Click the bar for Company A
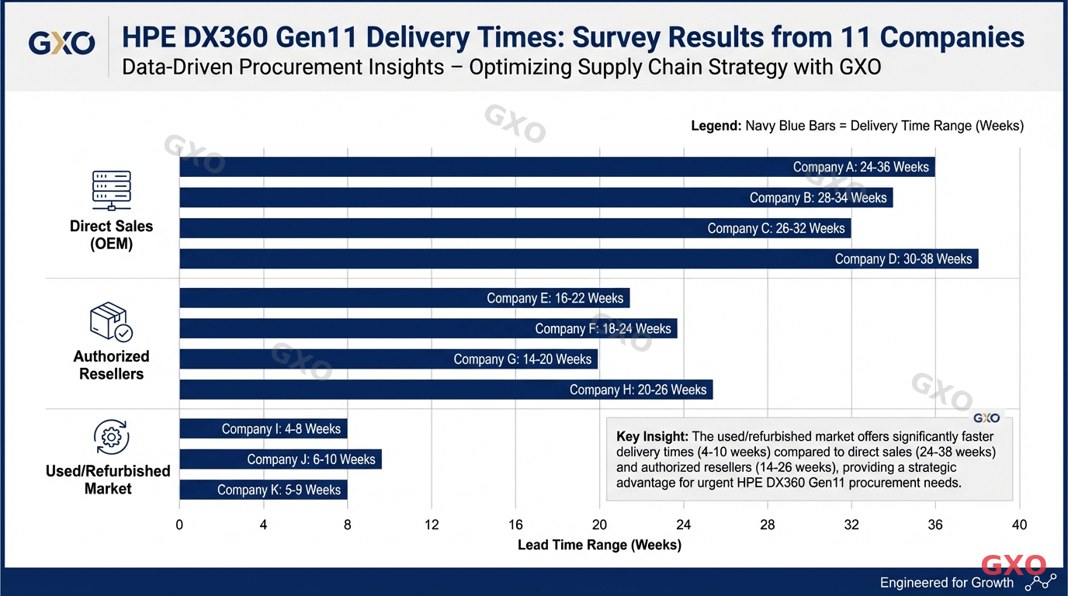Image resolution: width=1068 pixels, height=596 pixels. (557, 167)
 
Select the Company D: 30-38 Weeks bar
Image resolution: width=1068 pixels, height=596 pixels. (578, 258)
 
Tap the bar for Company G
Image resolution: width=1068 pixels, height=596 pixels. (388, 359)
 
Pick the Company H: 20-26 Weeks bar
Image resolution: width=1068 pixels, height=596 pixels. (446, 390)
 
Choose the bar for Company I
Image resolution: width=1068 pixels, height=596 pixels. (263, 428)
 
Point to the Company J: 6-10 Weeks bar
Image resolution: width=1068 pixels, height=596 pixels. (280, 459)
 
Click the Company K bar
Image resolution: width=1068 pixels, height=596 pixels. (263, 490)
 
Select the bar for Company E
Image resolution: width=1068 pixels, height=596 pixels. (404, 298)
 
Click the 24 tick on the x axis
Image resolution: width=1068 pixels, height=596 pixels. (683, 525)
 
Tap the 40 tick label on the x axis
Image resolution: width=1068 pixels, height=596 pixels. (1019, 525)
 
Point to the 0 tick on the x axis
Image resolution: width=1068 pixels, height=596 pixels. (179, 525)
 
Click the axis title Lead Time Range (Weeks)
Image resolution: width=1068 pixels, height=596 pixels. (599, 545)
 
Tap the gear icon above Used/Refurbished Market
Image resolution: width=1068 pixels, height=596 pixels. (111, 438)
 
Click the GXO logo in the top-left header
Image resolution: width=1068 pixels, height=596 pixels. (61, 43)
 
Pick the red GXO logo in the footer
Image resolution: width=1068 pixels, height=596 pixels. (1014, 564)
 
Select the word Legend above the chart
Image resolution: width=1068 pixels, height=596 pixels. (716, 126)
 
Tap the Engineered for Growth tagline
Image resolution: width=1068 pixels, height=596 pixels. (946, 583)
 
